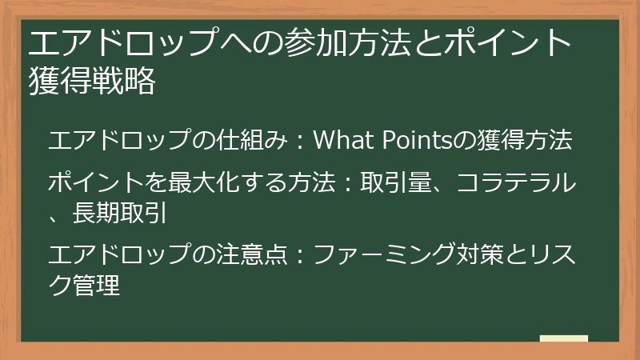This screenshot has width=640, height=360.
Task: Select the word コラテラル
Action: (x=516, y=183)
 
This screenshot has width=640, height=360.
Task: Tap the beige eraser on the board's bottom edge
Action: (x=563, y=339)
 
